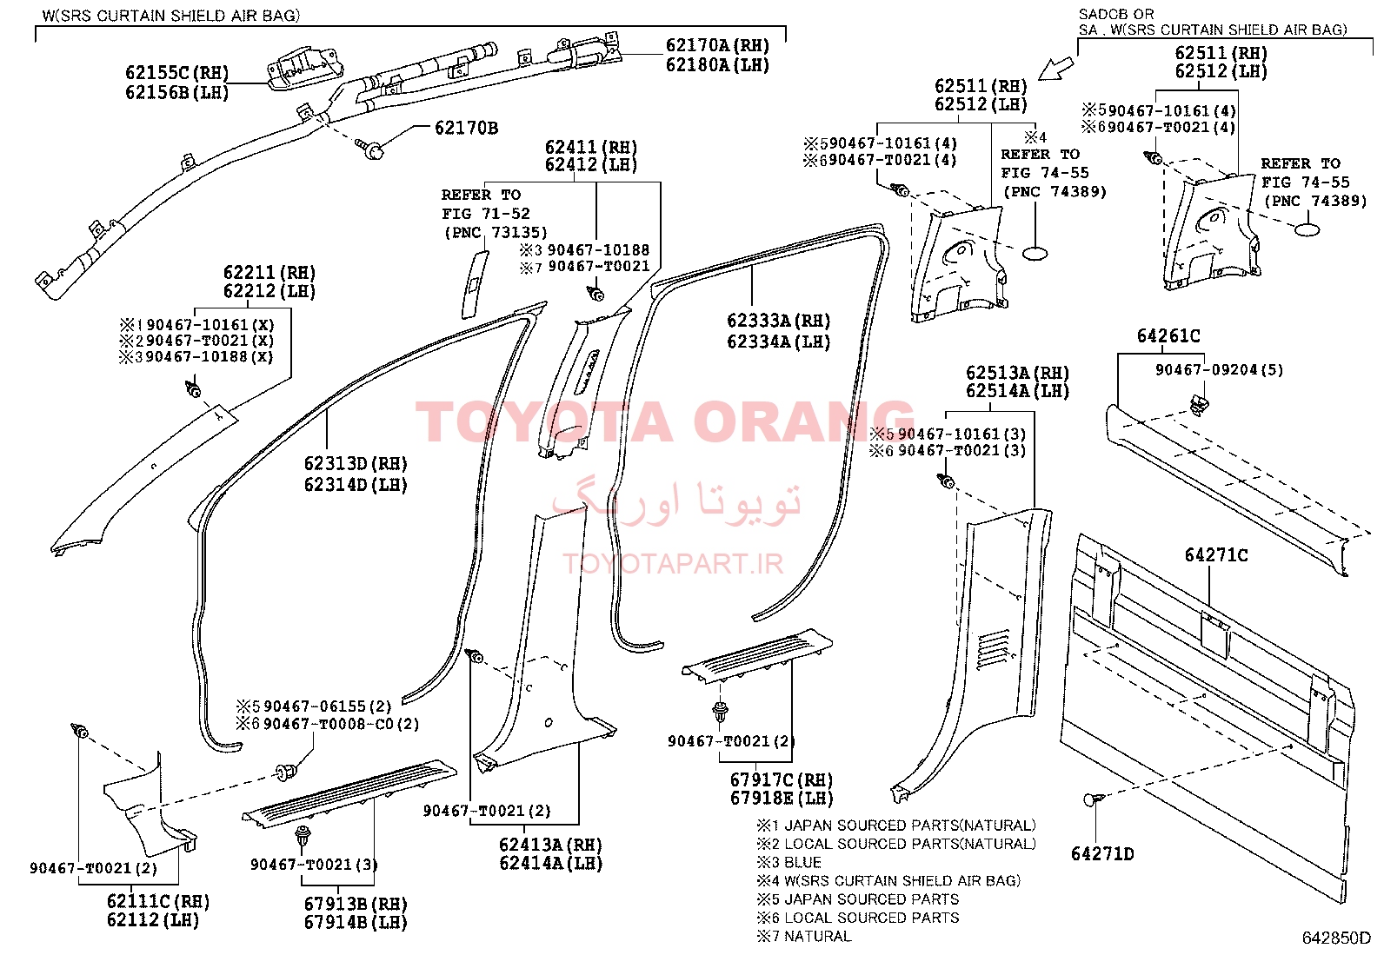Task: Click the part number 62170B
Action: point(466,128)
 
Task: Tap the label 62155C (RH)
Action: point(176,73)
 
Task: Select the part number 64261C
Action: point(1168,336)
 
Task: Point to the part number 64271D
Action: point(1102,853)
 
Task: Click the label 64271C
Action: point(1216,555)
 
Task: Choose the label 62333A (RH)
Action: point(779,321)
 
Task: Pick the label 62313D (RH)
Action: point(356,463)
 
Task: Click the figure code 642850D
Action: point(1336,938)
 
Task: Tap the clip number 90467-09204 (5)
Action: point(1219,370)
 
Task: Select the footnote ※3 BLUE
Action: point(789,862)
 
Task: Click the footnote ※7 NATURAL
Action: point(804,937)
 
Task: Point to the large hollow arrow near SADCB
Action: point(1056,69)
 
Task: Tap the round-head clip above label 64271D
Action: point(1094,799)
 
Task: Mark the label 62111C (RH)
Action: point(158,901)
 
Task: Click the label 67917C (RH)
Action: point(782,779)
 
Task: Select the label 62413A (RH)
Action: point(550,845)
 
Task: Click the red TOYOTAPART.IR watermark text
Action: point(673,563)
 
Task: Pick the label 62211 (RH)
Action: point(269,272)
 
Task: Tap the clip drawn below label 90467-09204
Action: point(1198,405)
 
